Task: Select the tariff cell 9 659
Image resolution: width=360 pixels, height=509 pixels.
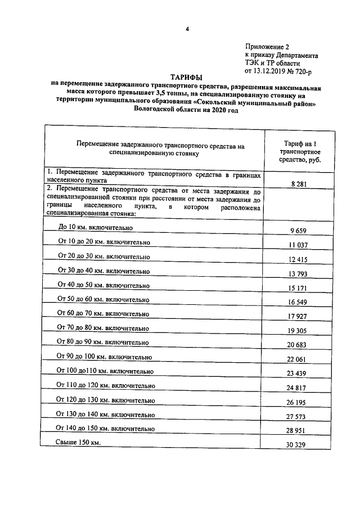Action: coord(301,231)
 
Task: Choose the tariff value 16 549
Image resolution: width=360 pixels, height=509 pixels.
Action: coord(301,302)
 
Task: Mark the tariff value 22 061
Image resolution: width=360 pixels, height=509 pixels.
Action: coord(301,359)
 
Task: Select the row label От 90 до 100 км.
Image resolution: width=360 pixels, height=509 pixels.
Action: coord(105,357)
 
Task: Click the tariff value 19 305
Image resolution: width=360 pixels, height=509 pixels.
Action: coord(301,331)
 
